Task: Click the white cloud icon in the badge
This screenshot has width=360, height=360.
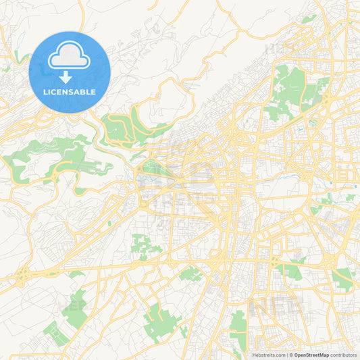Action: (x=70, y=55)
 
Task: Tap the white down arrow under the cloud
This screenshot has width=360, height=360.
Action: (x=70, y=76)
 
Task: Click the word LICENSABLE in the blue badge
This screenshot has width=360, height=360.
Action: (x=70, y=92)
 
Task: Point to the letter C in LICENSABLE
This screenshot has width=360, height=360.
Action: (x=53, y=92)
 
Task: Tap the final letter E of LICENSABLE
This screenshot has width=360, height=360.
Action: (x=94, y=92)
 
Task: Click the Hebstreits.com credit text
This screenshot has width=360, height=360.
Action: (x=269, y=355)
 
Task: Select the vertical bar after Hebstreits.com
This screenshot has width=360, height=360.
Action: (x=287, y=355)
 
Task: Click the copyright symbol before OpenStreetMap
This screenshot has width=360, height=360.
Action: (x=292, y=355)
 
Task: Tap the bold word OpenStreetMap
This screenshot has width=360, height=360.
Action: (x=312, y=355)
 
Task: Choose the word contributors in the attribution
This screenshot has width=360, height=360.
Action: (x=343, y=355)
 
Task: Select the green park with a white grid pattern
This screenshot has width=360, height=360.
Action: (x=162, y=317)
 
